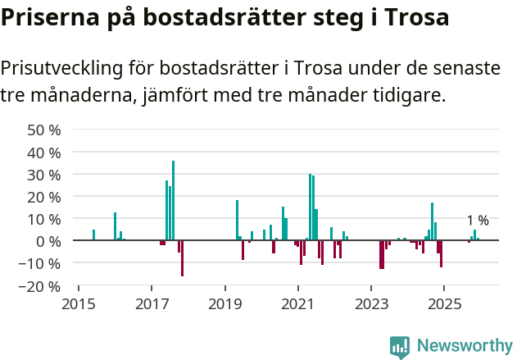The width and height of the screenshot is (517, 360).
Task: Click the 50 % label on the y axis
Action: pos(44,130)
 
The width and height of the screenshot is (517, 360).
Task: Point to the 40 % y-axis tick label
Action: pos(44,153)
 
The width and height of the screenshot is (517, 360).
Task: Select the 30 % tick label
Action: pos(44,175)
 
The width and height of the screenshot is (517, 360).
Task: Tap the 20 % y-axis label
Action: pos(44,197)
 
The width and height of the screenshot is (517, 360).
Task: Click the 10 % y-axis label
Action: pos(44,219)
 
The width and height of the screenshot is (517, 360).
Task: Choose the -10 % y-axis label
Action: pos(41,263)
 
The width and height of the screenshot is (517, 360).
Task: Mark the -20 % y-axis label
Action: pos(41,286)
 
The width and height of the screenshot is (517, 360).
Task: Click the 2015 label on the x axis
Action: pos(78,305)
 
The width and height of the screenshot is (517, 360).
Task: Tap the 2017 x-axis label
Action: pos(152,305)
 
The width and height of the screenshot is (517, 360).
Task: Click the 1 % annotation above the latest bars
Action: pos(478,221)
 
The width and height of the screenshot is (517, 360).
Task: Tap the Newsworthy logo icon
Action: pos(400,347)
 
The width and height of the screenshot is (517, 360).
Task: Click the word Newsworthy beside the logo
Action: pos(465,347)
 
